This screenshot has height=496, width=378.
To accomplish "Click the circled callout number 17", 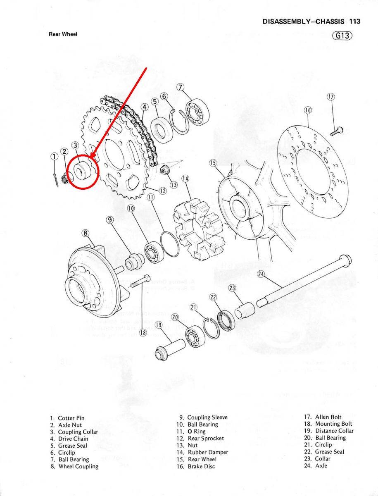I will coord(330,97).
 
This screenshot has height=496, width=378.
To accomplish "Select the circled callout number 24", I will coord(261,274).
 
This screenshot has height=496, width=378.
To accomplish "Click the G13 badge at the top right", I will coord(342,36).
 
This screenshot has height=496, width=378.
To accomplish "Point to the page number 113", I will coord(354,21).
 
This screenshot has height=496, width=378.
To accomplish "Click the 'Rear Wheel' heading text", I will coord(63,34).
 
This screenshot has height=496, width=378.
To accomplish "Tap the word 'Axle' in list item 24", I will coord(321,465).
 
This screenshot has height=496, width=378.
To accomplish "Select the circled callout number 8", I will coord(86,233).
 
